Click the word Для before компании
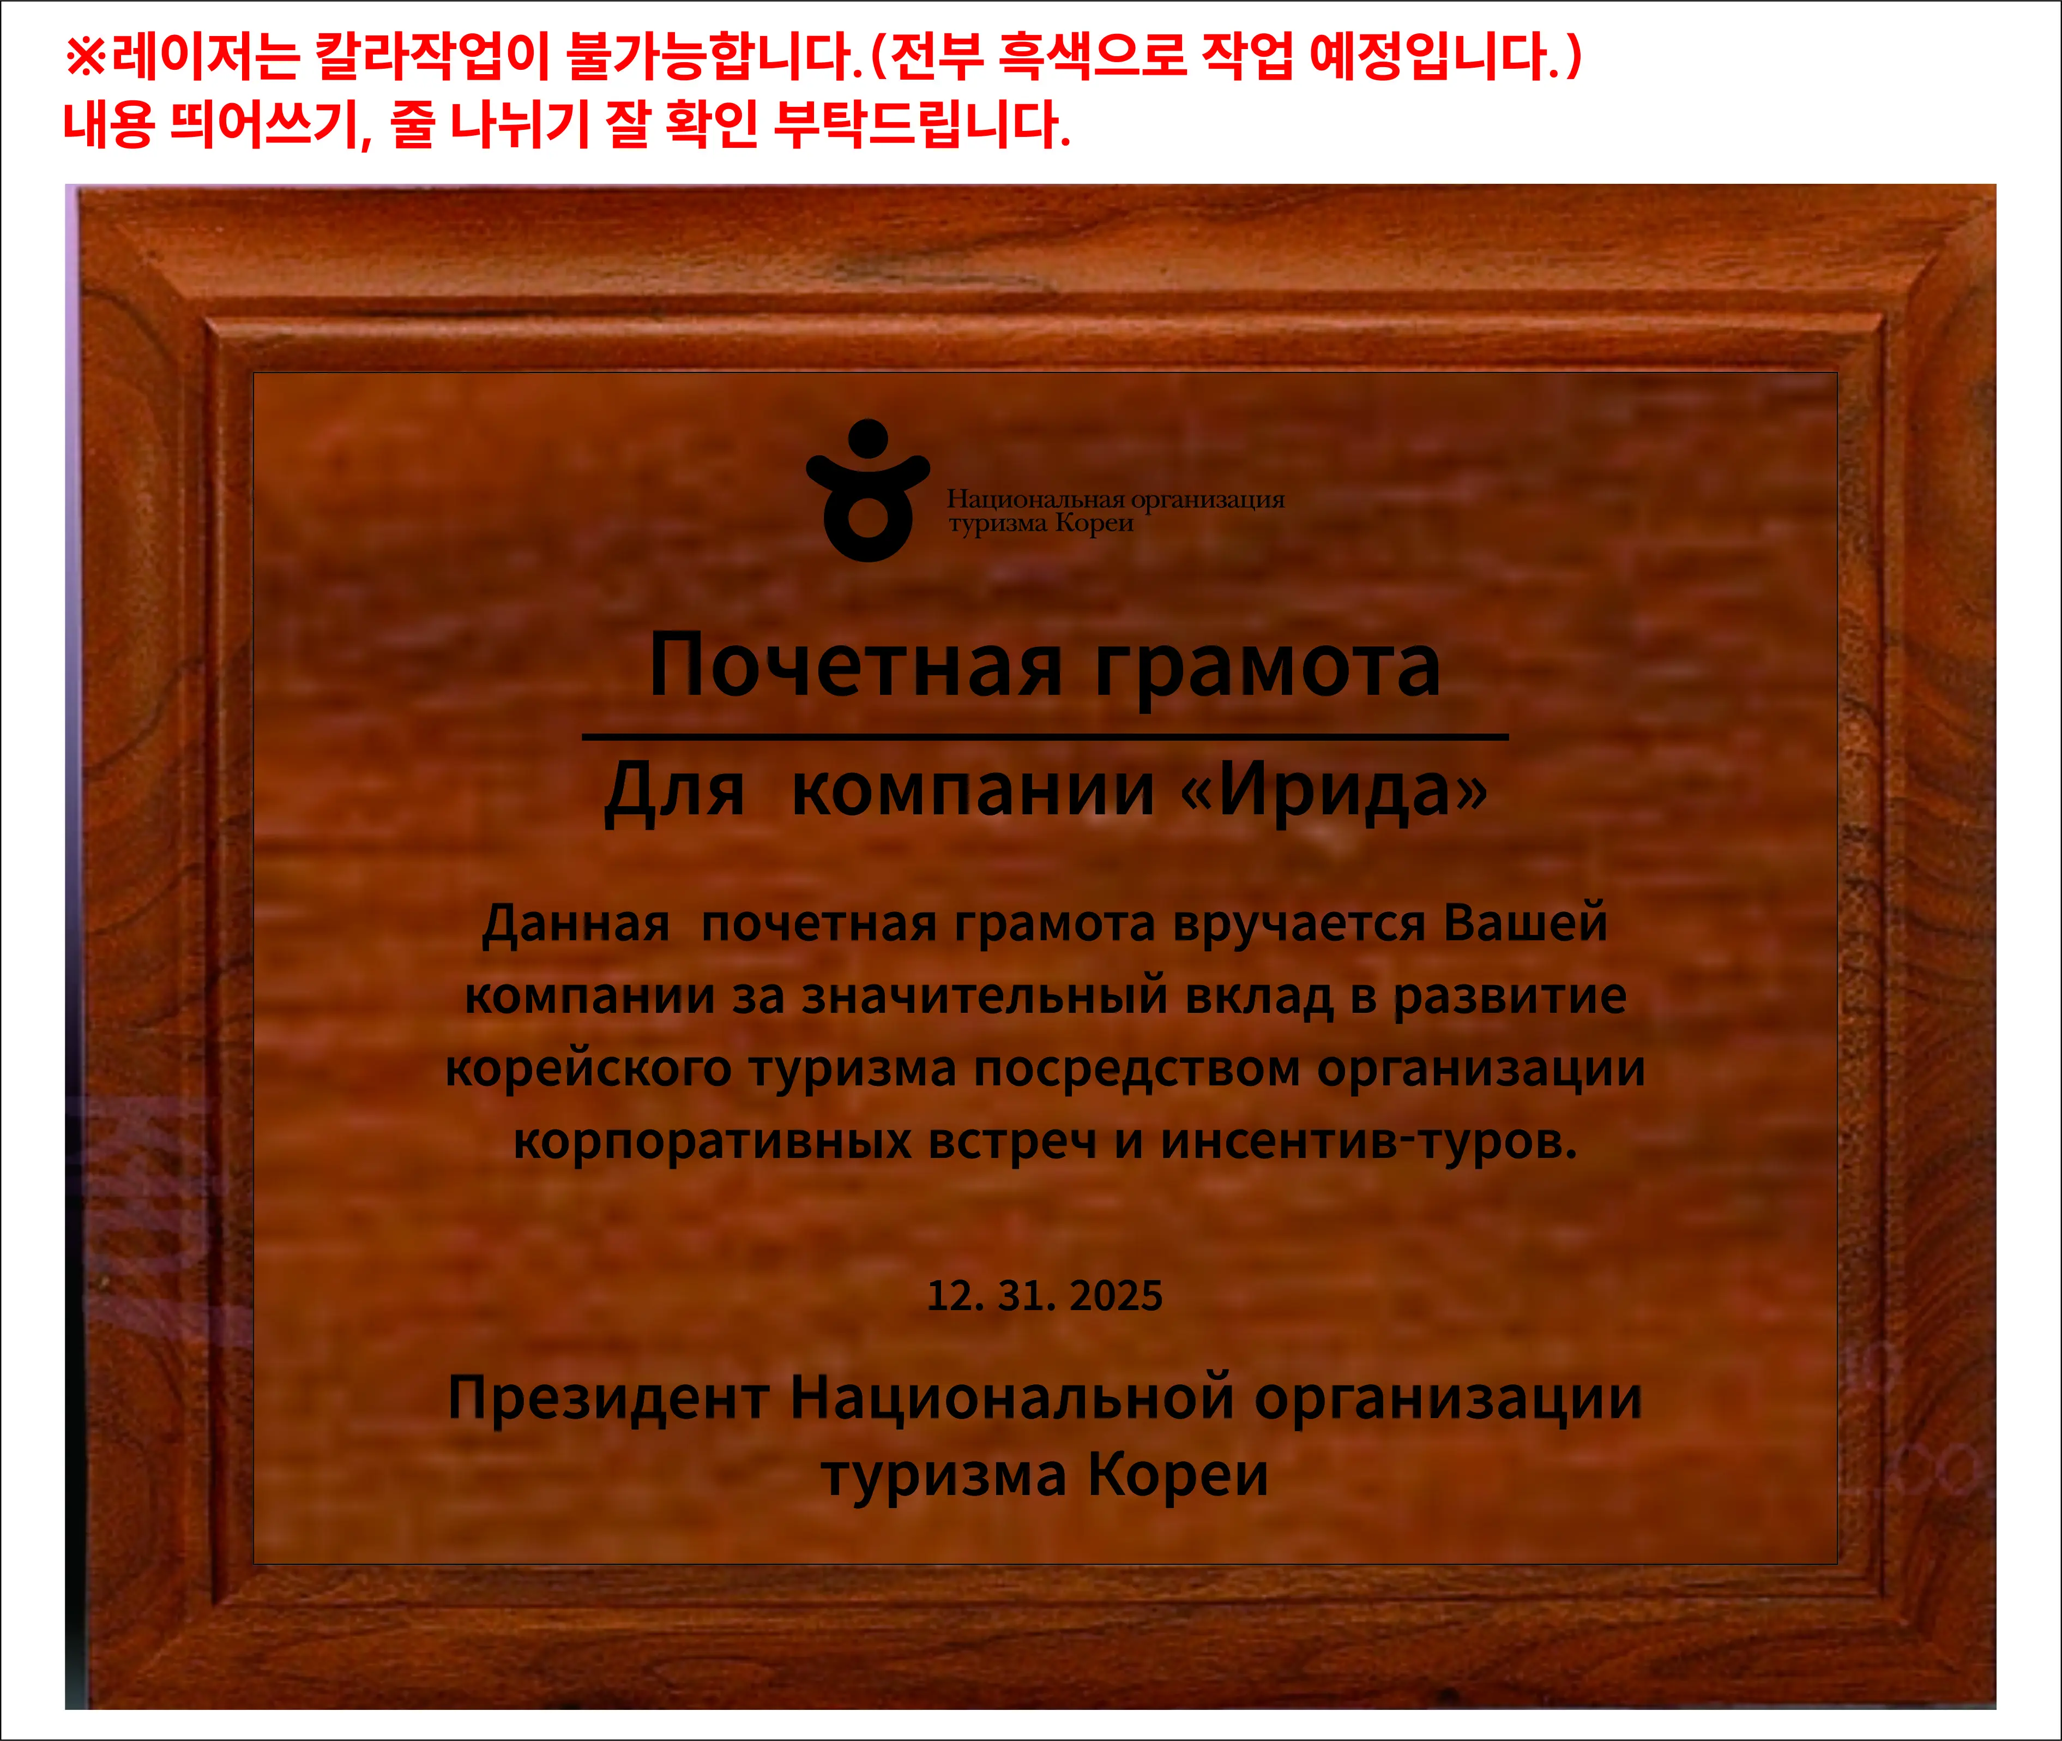pyautogui.click(x=674, y=790)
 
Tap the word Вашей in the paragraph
pyautogui.click(x=1526, y=923)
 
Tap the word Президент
pyautogui.click(x=609, y=1398)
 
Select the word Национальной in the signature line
pyautogui.click(x=1012, y=1398)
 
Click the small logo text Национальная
pyautogui.click(x=1036, y=500)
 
